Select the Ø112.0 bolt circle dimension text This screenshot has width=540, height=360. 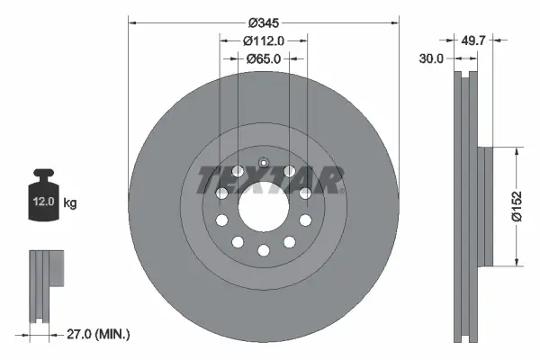(264, 40)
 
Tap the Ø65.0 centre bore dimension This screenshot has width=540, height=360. (264, 58)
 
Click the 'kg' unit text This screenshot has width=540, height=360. (69, 203)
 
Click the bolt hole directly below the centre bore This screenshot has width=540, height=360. (263, 250)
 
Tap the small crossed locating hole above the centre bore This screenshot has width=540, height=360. (263, 163)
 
